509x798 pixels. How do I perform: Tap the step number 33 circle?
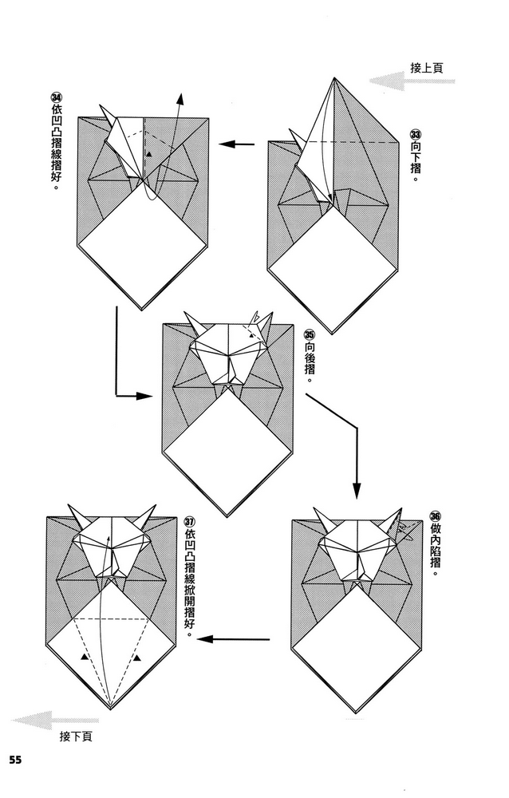coord(415,134)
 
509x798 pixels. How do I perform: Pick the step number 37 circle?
coord(188,521)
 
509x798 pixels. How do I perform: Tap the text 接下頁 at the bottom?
coord(75,736)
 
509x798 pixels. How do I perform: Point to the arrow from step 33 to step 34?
coord(237,144)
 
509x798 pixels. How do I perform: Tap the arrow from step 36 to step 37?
coord(236,638)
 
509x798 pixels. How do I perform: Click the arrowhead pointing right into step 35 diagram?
coord(148,395)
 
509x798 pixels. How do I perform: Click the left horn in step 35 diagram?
coord(193,323)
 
